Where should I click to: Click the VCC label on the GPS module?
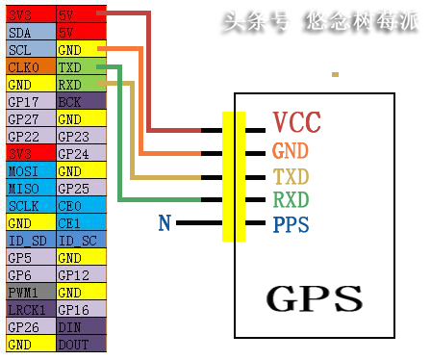(x=296, y=123)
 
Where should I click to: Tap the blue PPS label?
(x=292, y=224)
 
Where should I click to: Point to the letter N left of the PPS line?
(x=165, y=223)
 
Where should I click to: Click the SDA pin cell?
(x=28, y=31)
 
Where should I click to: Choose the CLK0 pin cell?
(x=28, y=68)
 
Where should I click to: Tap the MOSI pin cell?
(x=28, y=170)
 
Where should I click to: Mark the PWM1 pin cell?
(x=28, y=292)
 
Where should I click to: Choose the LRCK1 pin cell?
(x=28, y=309)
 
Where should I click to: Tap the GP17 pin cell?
(x=28, y=101)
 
